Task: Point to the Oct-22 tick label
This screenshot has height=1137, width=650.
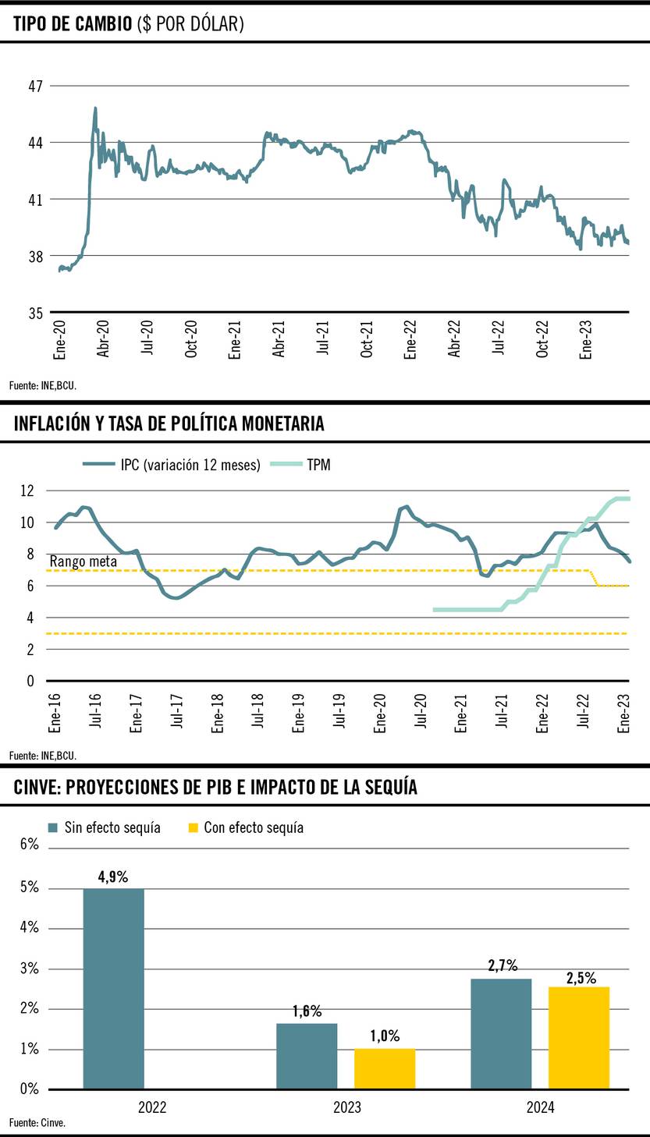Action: [x=544, y=339]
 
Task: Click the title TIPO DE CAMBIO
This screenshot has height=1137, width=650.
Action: [x=129, y=25]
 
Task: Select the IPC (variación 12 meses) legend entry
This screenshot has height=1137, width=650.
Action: [x=172, y=466]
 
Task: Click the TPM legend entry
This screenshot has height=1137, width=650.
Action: [x=300, y=466]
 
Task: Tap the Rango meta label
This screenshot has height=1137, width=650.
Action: [x=83, y=561]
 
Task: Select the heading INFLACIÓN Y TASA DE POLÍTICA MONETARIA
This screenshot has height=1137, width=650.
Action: [x=169, y=424]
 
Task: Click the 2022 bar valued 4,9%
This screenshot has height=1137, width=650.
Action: [x=114, y=988]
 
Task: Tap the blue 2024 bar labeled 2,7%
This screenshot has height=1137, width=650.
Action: [x=501, y=1033]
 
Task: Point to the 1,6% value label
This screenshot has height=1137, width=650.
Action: [x=307, y=1011]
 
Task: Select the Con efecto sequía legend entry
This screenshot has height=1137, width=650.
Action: [x=246, y=827]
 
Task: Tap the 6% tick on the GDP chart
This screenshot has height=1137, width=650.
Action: [x=28, y=844]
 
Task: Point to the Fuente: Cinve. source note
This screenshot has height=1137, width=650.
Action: [x=37, y=1123]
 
